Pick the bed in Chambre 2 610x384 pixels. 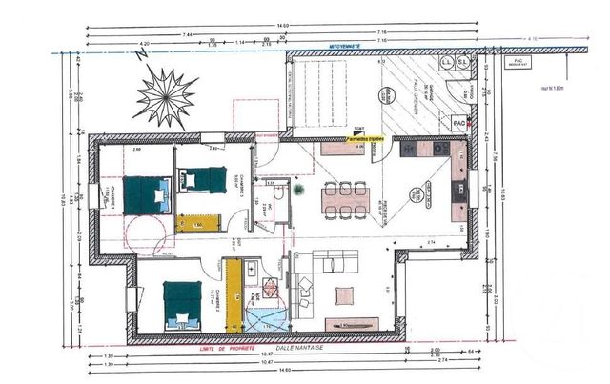181,303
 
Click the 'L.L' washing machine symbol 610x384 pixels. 447,63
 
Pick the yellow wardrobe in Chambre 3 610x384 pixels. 199,223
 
